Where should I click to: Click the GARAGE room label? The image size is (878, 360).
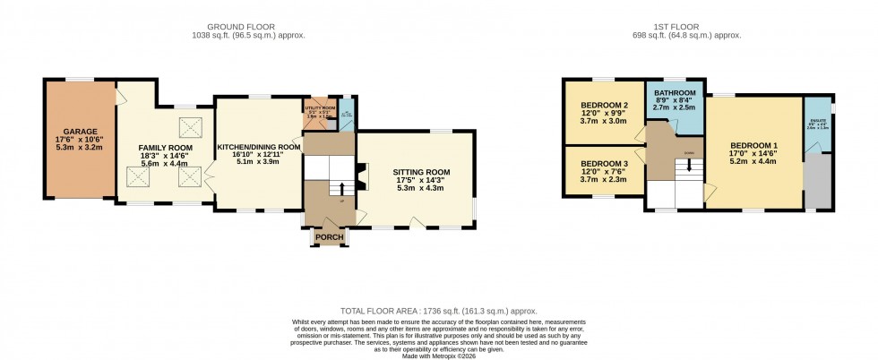[x=79, y=132]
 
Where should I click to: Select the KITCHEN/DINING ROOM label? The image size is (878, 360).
[x=258, y=147]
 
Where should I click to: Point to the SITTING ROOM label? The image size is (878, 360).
[x=420, y=172]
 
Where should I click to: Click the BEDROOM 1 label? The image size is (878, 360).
[x=753, y=147]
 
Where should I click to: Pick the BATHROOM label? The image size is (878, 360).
[x=675, y=93]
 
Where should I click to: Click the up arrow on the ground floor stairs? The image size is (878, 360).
[x=340, y=188]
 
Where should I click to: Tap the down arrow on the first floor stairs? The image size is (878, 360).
[x=688, y=165]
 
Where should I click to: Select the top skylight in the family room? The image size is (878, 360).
[x=190, y=124]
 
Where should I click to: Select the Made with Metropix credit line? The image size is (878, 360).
[x=438, y=356]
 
